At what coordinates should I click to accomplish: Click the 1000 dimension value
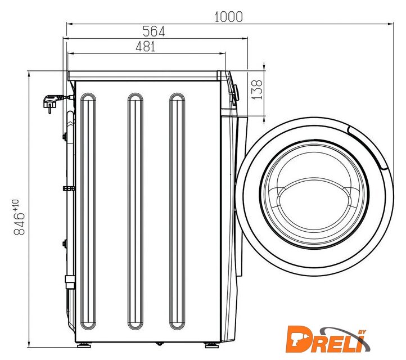(x=229, y=17)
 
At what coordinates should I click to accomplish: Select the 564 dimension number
(x=154, y=31)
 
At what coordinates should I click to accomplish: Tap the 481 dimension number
(x=146, y=47)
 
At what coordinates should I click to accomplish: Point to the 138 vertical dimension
(x=257, y=89)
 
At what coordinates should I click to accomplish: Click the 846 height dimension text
(x=19, y=224)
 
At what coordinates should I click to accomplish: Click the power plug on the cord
(x=51, y=102)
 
